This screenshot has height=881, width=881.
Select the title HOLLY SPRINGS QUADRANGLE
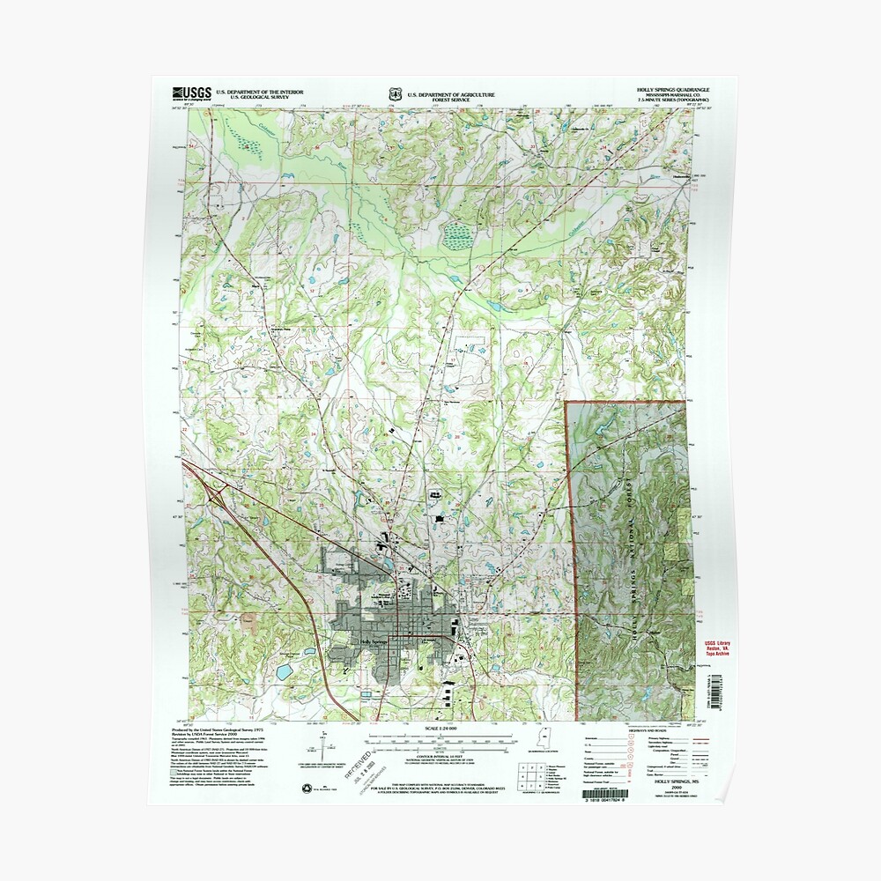click(x=674, y=91)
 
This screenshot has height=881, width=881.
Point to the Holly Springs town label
click(x=374, y=641)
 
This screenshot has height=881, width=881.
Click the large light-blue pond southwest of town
click(x=285, y=671)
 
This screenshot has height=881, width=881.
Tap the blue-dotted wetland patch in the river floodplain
click(x=457, y=235)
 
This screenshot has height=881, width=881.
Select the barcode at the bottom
click(x=672, y=797)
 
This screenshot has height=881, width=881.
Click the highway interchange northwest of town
click(x=209, y=482)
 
